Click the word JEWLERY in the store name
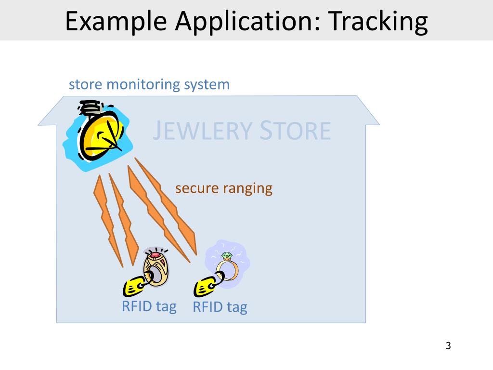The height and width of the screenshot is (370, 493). (202, 131)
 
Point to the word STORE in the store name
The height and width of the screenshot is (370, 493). (296, 131)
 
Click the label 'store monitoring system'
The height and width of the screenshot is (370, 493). (149, 85)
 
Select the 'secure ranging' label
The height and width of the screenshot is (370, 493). (224, 188)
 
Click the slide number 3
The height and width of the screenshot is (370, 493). (448, 345)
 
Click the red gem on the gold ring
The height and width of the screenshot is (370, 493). (156, 255)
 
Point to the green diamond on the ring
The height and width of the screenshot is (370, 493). (226, 256)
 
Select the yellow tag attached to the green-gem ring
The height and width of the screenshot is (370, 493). (204, 288)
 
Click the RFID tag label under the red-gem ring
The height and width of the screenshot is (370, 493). (149, 306)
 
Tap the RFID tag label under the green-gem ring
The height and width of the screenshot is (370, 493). (220, 307)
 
